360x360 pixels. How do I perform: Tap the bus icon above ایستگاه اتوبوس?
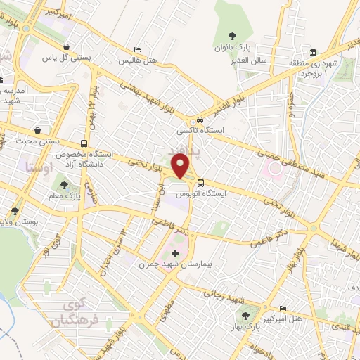201,184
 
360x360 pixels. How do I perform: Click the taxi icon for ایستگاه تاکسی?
201,120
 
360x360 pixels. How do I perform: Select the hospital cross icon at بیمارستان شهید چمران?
175,252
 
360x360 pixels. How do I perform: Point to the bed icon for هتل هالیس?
138,50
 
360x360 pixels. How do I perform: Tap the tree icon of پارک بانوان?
234,36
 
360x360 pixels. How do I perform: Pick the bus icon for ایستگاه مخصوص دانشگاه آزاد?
84,143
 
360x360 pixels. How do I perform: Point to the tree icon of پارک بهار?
245,316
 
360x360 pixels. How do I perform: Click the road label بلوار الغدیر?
250,95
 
